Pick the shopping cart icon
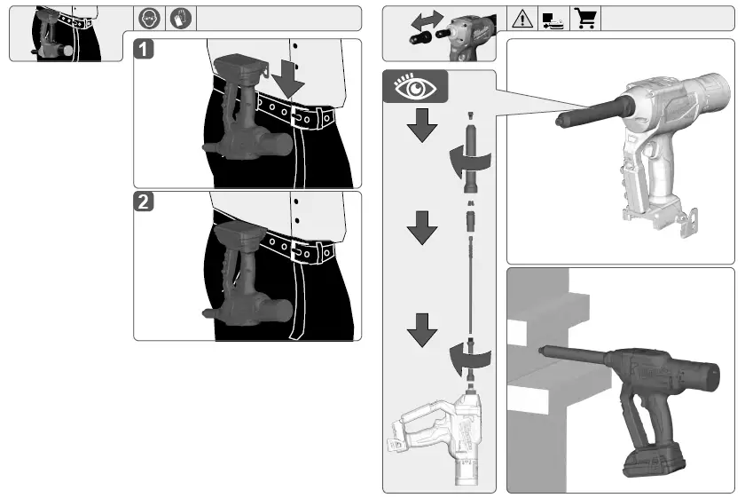584,18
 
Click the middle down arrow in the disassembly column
423,233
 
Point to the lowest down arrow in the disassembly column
423,336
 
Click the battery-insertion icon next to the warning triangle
553,18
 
